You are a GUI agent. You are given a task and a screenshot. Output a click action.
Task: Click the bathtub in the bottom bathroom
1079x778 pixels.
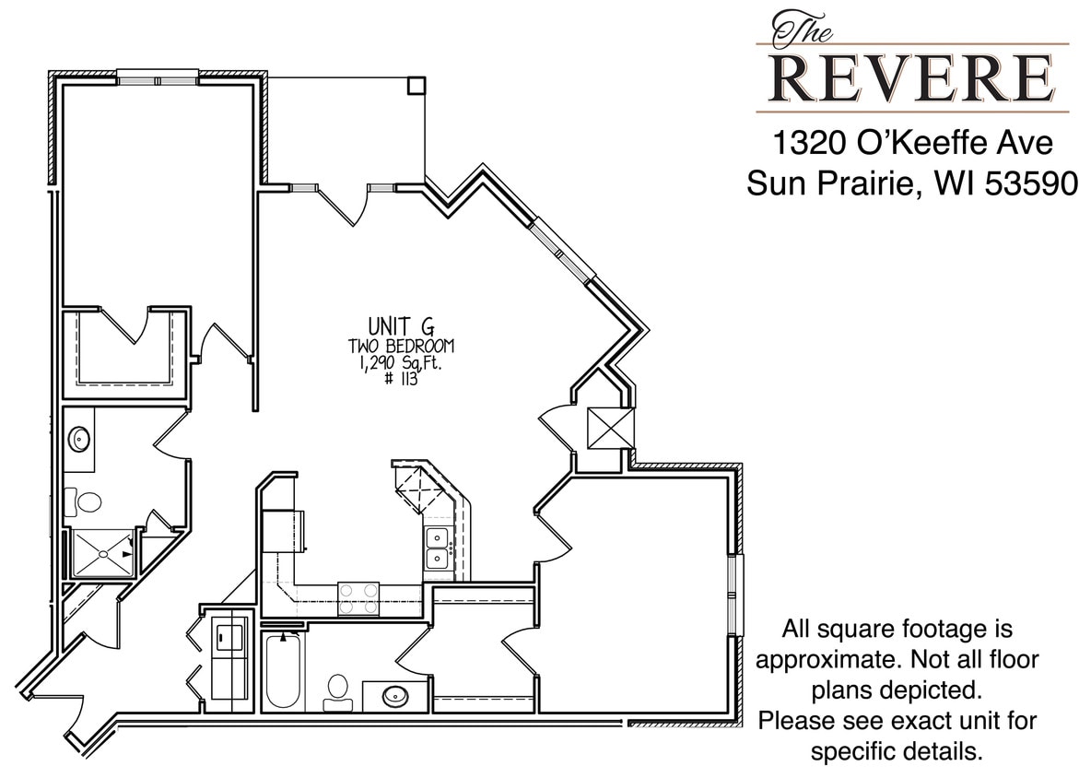[x=282, y=670]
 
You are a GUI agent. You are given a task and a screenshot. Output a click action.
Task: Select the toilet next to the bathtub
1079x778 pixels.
[x=337, y=691]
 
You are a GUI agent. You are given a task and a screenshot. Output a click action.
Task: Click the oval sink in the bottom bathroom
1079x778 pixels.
[x=396, y=695]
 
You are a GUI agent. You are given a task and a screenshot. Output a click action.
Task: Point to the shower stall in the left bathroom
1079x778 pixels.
[x=100, y=554]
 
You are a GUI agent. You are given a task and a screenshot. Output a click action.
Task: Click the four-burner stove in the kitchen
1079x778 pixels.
[x=358, y=597]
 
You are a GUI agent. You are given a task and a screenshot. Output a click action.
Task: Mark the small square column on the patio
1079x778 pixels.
[x=416, y=85]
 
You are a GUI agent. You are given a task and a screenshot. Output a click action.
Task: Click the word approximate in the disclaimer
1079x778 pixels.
[x=827, y=660]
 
